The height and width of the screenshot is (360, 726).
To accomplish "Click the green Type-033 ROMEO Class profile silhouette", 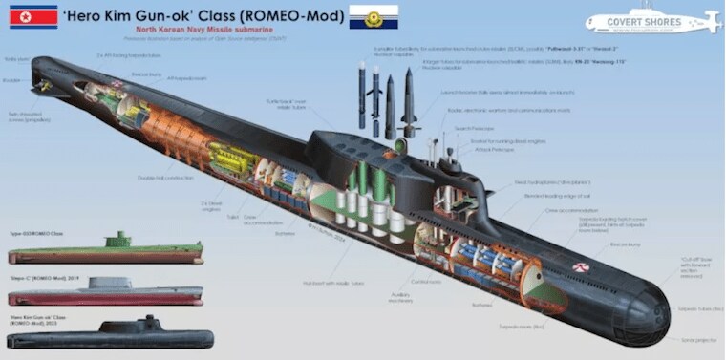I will (105, 251).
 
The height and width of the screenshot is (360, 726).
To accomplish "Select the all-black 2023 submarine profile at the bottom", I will (105, 336).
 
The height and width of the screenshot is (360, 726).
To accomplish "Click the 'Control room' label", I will (426, 282).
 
